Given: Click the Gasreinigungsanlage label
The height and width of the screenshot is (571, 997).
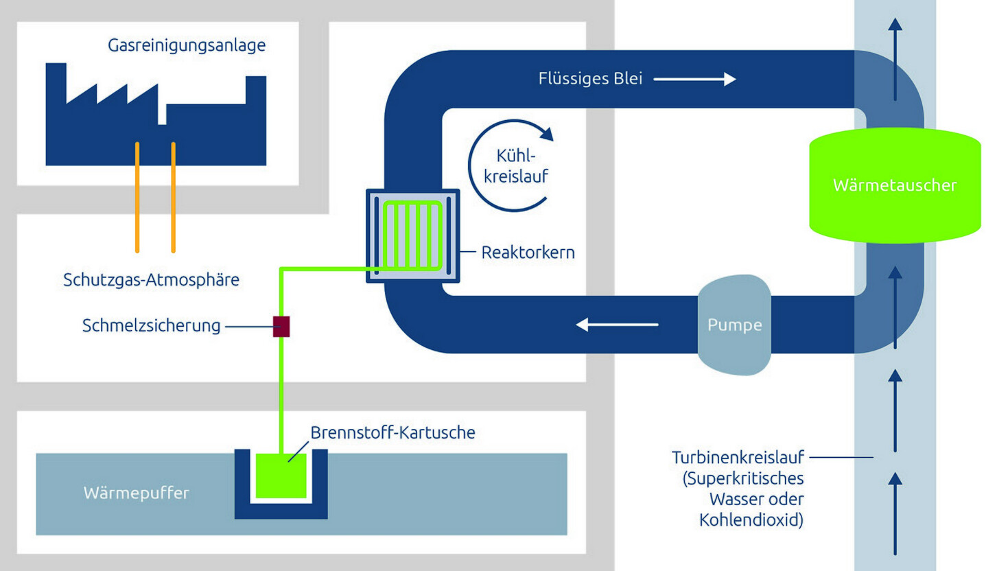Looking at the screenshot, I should tap(187, 46).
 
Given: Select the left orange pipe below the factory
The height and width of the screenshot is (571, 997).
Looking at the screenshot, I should tap(138, 196).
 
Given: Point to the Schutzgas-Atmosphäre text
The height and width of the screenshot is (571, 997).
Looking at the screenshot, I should tap(151, 280).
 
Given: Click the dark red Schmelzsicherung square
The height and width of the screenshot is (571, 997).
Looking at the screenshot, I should tap(281, 326).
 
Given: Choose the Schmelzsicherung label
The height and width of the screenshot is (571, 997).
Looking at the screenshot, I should tap(151, 325).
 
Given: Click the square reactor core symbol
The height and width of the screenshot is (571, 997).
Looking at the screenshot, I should tap(413, 235).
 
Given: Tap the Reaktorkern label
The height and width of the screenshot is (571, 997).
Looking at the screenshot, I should tap(528, 253).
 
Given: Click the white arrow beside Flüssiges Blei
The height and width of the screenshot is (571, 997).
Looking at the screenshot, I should tap(694, 80).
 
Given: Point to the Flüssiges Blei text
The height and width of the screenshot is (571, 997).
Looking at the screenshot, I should tap(590, 79).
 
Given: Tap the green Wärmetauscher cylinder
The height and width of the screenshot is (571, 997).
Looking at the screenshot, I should tap(894, 184).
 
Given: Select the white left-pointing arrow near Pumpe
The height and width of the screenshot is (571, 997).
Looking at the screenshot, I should tap(617, 324).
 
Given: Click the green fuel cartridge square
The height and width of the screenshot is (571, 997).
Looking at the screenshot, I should tap(281, 476).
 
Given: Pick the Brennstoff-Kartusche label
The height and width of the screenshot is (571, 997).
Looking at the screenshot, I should tap(392, 433).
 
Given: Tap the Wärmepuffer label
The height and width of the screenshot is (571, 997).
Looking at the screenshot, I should tap(136, 493).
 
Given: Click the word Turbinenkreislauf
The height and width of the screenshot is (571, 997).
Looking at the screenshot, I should tap(738, 457).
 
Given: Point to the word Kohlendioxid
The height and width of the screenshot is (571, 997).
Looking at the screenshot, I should tap(751, 520).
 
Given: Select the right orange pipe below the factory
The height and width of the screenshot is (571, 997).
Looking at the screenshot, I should tap(173, 196).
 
